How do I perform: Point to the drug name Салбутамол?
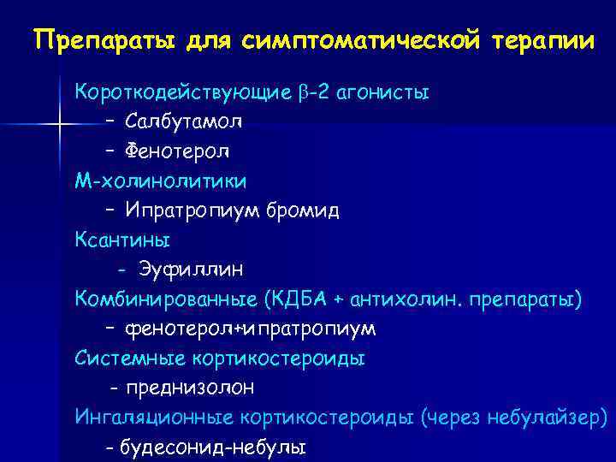tap(184, 121)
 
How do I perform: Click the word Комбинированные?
tap(166, 299)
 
